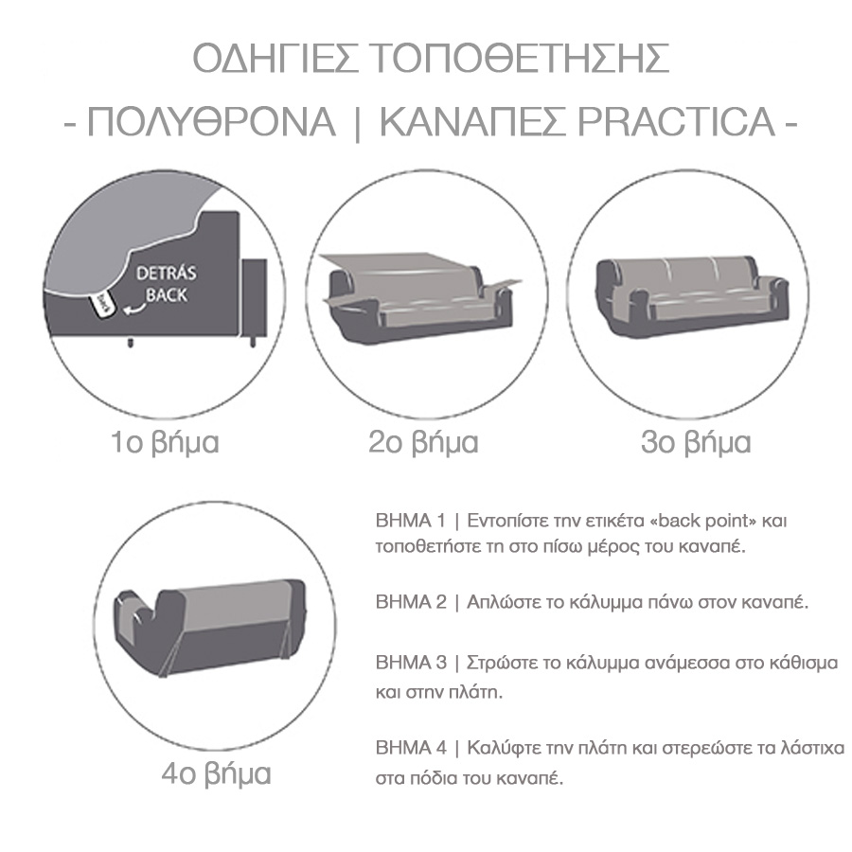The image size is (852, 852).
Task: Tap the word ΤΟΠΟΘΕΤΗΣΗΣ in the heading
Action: click(x=522, y=59)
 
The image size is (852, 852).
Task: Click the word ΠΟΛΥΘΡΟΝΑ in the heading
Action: click(x=211, y=122)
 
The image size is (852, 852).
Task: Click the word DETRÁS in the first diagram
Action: click(x=167, y=273)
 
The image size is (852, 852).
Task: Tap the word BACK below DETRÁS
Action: click(x=167, y=295)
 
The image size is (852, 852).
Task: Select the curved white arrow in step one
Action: click(x=134, y=309)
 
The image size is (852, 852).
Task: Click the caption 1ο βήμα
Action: click(x=165, y=442)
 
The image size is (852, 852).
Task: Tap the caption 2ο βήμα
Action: click(x=423, y=442)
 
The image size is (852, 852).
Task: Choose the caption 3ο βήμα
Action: click(x=696, y=442)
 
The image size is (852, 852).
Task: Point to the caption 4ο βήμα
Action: click(x=216, y=773)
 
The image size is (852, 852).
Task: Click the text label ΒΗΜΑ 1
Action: click(x=411, y=521)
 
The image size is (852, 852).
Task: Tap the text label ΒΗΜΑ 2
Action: click(x=411, y=602)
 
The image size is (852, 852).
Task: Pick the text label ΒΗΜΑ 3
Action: click(x=411, y=663)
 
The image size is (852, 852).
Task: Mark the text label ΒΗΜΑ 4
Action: click(x=411, y=748)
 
